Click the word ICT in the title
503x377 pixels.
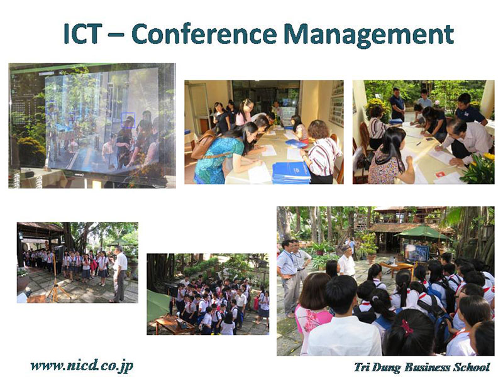coord(82,34)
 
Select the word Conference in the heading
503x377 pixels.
coord(204,34)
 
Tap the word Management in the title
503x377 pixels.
coord(369,35)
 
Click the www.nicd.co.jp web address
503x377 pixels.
coord(82,366)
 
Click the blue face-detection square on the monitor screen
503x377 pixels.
coord(128,120)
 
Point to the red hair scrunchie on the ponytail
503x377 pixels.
coord(407,327)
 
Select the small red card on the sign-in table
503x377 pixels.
coord(440,174)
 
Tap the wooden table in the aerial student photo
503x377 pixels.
coord(175,324)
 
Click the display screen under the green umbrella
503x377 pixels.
coord(416,253)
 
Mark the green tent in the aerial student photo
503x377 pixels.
coord(158,305)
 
